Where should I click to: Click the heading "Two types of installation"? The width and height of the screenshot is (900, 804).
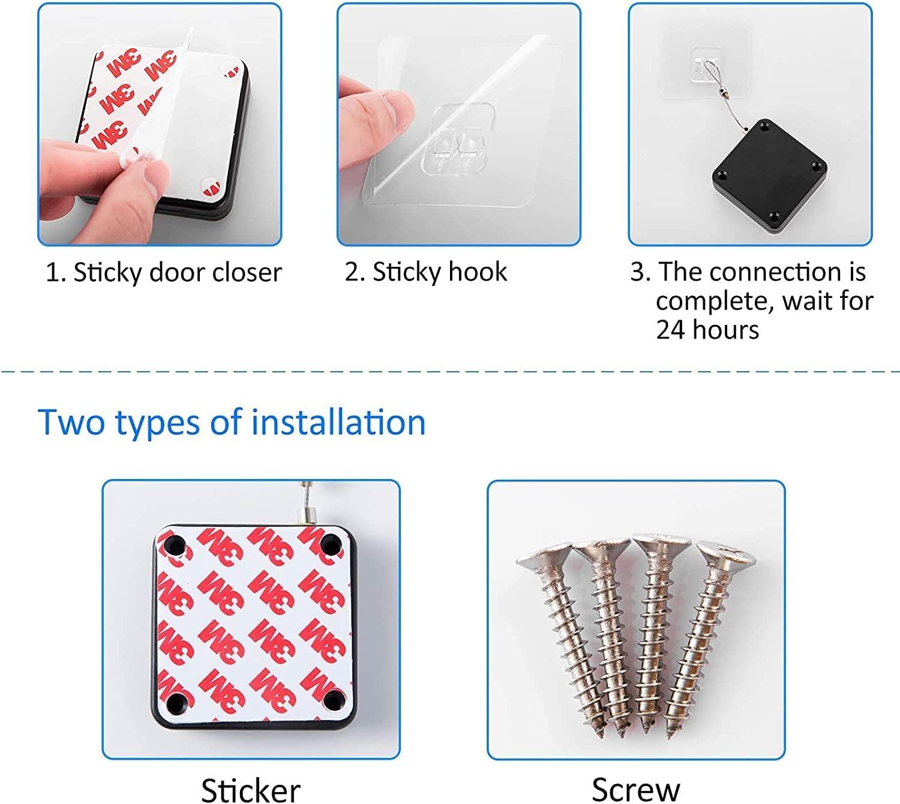coord(232,423)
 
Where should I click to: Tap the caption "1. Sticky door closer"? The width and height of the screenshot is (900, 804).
coord(164,272)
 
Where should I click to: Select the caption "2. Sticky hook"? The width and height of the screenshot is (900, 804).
coord(426,272)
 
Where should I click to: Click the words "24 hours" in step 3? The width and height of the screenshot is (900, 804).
coord(707,330)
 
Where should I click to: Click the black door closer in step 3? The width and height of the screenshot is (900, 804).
coord(769,176)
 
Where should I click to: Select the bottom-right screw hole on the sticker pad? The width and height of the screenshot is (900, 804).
coord(333,700)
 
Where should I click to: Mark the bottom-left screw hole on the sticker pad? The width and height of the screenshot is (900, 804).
coord(176,702)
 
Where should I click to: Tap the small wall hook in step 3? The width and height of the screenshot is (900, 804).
coord(706,67)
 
